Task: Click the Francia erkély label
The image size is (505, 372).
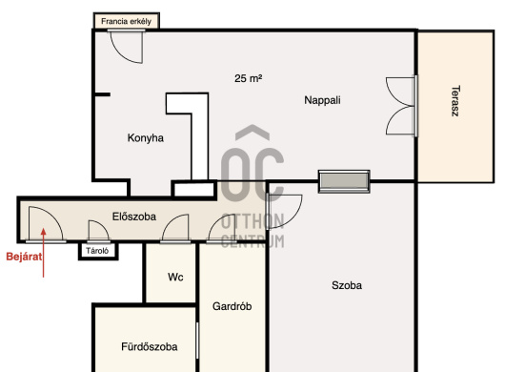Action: [126, 21]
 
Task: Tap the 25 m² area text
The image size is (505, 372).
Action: [248, 78]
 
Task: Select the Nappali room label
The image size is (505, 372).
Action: [322, 100]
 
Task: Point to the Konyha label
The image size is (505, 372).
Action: [146, 138]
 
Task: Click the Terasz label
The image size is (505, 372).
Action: [455, 100]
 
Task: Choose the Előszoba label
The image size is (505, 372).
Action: [134, 217]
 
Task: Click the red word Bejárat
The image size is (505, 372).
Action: [24, 257]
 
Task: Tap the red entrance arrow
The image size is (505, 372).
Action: [44, 253]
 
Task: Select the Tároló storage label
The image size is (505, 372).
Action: [97, 251]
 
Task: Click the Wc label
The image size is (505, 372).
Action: [175, 278]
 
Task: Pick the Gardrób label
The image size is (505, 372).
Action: [232, 306]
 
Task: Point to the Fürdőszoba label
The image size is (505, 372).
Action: [150, 347]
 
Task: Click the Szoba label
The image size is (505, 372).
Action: [347, 285]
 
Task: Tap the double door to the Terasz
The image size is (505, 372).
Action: [402, 106]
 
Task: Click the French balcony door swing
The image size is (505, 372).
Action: [127, 46]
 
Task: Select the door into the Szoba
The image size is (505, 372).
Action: [285, 212]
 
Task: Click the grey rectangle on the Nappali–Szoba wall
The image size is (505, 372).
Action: [344, 182]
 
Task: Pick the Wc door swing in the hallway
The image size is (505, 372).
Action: [175, 228]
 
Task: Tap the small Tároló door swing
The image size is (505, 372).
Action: [98, 231]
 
